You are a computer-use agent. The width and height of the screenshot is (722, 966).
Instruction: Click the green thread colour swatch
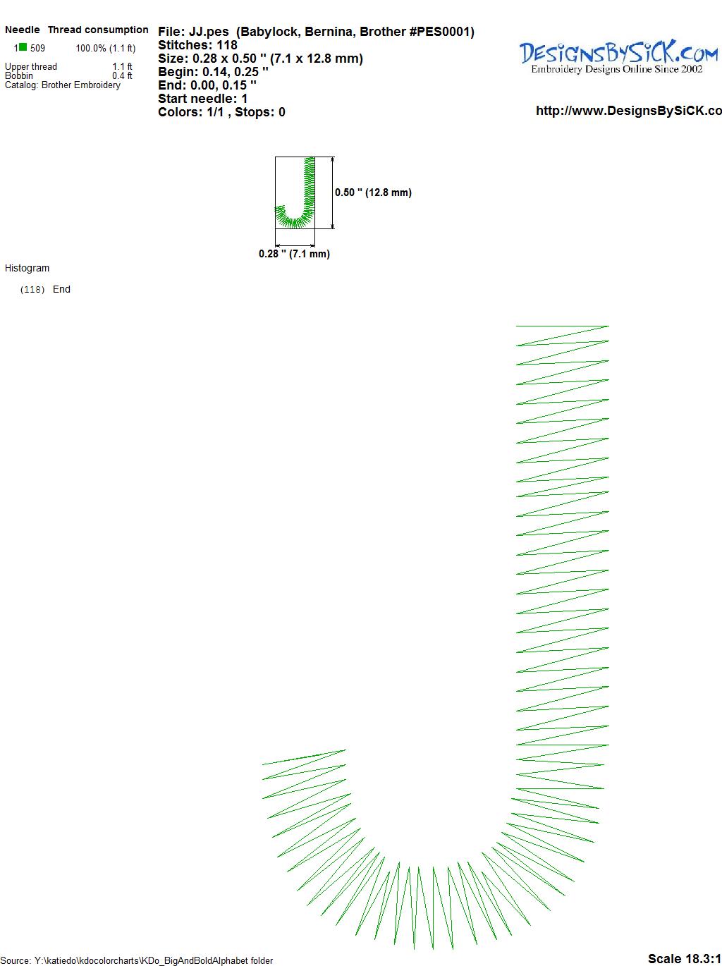(23, 47)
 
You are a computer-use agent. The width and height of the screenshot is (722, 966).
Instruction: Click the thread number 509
(37, 48)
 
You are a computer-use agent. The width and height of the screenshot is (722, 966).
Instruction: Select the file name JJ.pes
(209, 32)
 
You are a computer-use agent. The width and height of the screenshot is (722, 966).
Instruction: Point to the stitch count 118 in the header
(226, 45)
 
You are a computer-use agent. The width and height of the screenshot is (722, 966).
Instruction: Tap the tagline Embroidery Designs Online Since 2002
(616, 69)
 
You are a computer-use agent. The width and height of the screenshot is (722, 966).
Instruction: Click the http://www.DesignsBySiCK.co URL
(629, 111)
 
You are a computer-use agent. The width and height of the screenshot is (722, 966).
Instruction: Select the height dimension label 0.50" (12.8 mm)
(373, 192)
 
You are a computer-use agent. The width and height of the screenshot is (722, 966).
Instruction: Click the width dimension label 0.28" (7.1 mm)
(294, 254)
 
